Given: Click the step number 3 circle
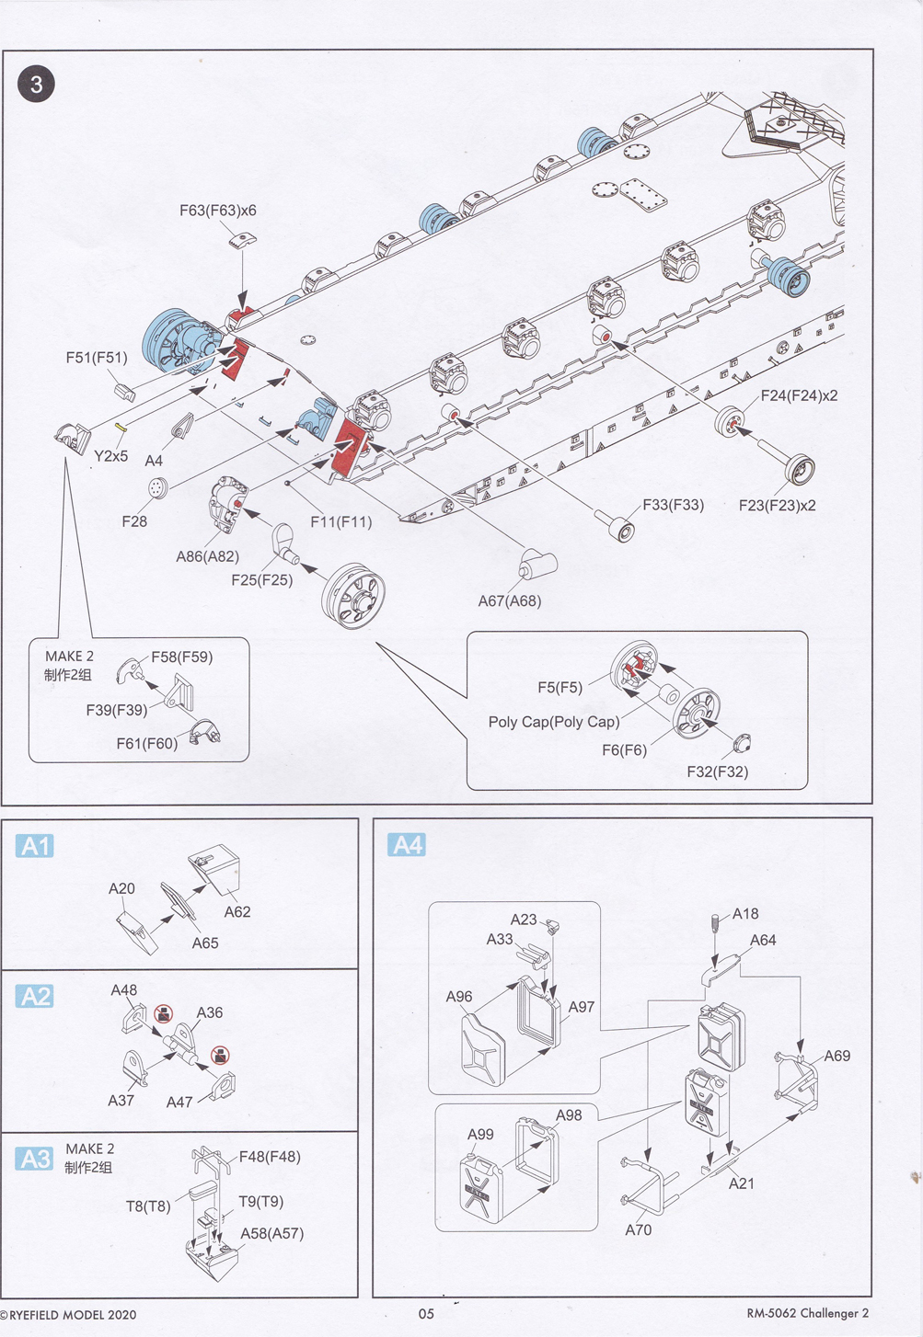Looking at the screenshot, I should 36,85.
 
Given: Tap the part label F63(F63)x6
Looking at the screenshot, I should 218,211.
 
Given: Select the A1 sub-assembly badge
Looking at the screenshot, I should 35,846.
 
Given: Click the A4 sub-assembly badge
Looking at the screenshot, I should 407,845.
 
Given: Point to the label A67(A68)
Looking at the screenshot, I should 510,601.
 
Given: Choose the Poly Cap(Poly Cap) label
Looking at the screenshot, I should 554,722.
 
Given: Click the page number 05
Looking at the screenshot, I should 426,1314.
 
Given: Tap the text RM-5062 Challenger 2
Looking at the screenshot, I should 807,1313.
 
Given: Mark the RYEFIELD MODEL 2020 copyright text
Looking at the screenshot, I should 69,1315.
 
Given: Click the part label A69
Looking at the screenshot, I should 836,1056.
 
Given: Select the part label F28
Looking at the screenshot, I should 134,521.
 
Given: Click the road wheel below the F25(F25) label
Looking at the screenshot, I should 353,596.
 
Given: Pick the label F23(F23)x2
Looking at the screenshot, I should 777,506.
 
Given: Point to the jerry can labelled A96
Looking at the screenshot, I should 482,1048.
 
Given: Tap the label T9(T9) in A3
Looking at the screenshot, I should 260,1202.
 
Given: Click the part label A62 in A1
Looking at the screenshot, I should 237,912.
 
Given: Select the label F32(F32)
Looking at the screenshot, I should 717,772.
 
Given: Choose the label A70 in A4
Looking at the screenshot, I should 638,1230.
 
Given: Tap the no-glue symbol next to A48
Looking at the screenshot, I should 164,1014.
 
